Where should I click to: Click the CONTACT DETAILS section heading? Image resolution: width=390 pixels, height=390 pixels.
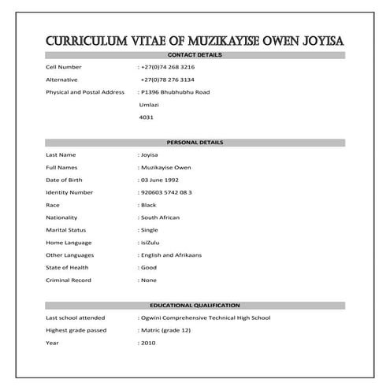(x=195, y=55)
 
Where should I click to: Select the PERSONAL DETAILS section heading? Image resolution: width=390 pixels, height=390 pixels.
(x=195, y=143)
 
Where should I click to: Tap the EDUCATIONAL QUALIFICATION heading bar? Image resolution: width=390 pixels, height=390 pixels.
(x=195, y=305)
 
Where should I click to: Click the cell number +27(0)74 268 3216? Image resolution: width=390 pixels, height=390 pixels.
(x=169, y=67)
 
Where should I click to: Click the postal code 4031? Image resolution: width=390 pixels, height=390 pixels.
(x=146, y=117)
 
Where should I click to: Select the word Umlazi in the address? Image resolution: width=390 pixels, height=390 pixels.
(x=150, y=105)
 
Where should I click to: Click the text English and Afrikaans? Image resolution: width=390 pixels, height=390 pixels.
(x=172, y=255)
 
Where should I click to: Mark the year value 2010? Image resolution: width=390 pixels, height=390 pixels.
(x=147, y=343)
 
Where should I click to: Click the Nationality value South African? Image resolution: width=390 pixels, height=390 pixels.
(x=161, y=217)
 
